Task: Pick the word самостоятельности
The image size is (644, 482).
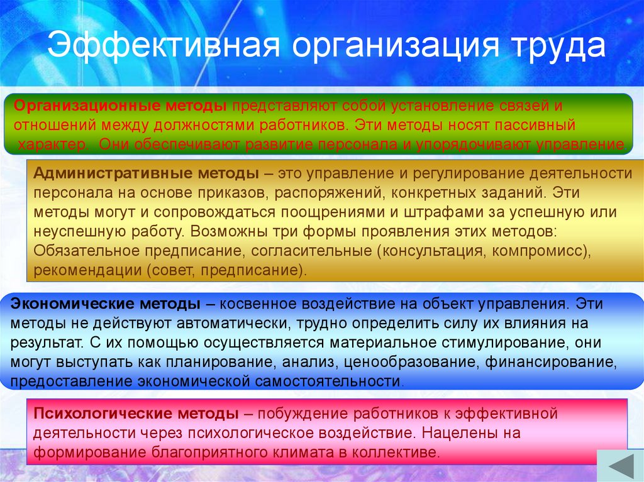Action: (331, 381)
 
